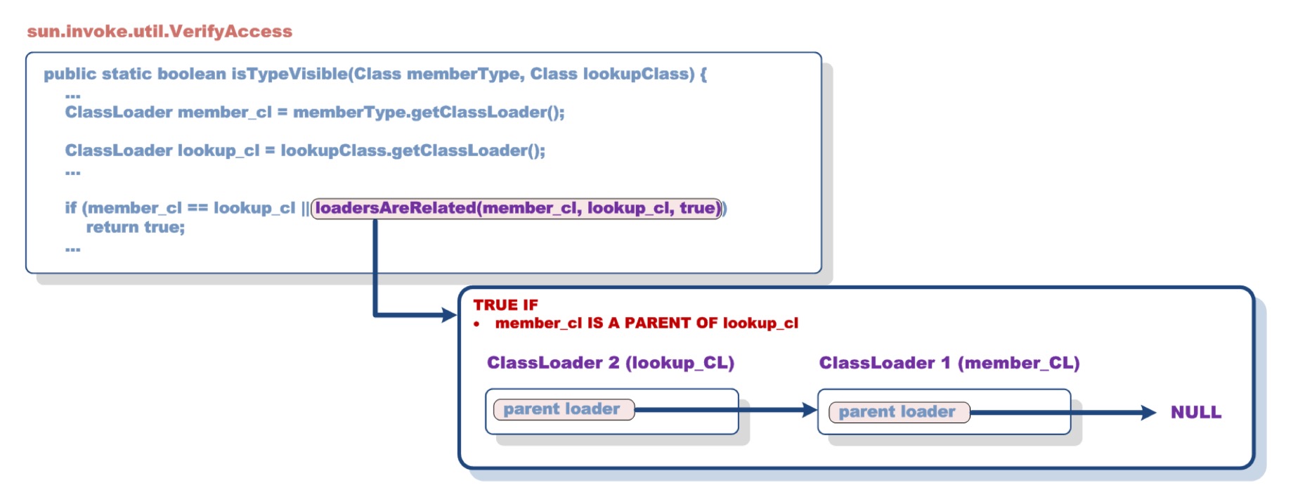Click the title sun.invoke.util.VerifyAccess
click(160, 32)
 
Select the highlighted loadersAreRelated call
click(516, 208)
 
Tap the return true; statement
click(135, 227)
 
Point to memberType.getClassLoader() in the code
click(428, 112)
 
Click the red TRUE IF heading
click(505, 305)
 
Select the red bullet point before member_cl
click(476, 324)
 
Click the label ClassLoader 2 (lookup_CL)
click(610, 363)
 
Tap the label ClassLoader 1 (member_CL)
click(949, 363)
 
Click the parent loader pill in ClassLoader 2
click(563, 409)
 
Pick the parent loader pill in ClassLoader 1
click(898, 412)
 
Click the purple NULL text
click(1195, 413)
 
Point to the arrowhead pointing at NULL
click(1149, 413)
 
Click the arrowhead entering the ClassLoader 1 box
click(810, 410)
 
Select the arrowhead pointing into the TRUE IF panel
click(449, 315)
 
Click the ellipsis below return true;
click(73, 248)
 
